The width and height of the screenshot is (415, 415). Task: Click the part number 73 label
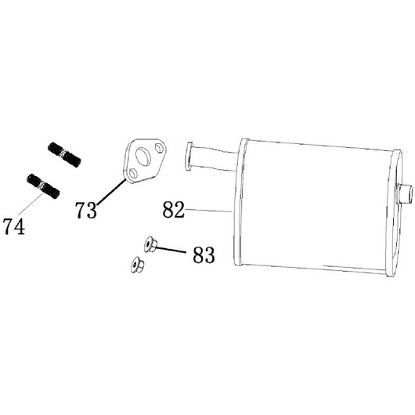point(86,210)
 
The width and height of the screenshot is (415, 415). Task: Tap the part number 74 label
point(14,226)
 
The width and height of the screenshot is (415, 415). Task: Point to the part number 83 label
point(204,254)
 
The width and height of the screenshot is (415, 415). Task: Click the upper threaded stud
point(64,154)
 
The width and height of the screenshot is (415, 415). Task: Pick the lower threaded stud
point(43,186)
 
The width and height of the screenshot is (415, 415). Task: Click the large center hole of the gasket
point(143,158)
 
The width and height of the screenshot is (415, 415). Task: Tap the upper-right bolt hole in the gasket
point(160,148)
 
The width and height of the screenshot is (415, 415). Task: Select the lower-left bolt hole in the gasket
point(133,173)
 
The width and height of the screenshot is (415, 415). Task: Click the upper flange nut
point(150,244)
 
